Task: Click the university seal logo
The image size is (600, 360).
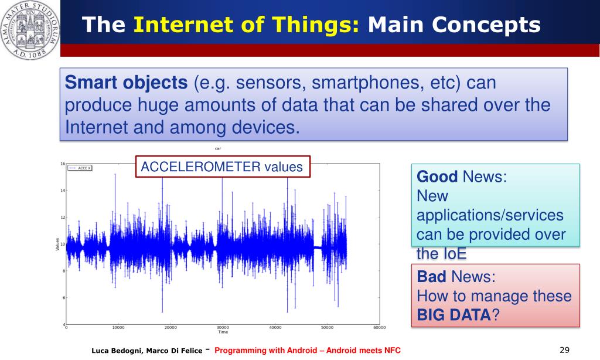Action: [30, 30]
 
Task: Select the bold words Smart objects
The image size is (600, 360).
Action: [126, 83]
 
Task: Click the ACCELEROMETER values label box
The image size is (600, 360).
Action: [223, 167]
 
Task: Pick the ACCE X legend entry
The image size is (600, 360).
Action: [80, 168]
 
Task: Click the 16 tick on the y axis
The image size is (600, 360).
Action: [63, 164]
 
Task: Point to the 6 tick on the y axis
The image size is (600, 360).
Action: [64, 298]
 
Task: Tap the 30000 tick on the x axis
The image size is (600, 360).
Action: [223, 327]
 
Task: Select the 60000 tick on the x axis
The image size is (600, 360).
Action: [379, 327]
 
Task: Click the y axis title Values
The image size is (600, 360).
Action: [57, 244]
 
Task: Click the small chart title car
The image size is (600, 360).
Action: [218, 148]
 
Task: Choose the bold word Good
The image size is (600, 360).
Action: [437, 176]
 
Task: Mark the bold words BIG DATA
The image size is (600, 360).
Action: [454, 315]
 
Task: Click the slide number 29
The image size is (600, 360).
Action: [564, 349]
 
